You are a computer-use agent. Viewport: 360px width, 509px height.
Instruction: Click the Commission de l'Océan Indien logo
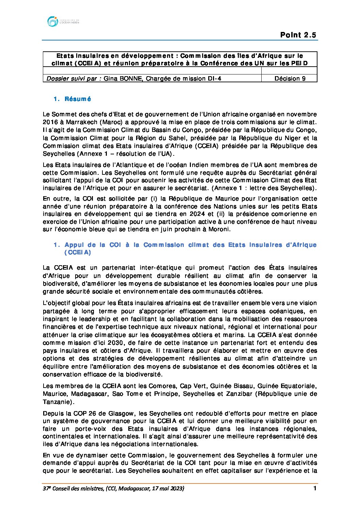pyautogui.click(x=63, y=21)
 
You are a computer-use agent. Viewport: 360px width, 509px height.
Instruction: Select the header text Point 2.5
pyautogui.click(x=298, y=35)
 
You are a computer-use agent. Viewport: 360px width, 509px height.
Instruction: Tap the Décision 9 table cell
pyautogui.click(x=290, y=79)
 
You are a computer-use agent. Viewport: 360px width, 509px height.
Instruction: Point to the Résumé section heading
pyautogui.click(x=78, y=99)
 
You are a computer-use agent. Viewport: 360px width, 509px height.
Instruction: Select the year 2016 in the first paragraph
pyautogui.click(x=50, y=122)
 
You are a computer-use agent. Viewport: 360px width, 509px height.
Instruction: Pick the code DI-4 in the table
pyautogui.click(x=214, y=79)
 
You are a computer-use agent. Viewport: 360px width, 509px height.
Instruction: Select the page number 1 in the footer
pyautogui.click(x=315, y=489)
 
